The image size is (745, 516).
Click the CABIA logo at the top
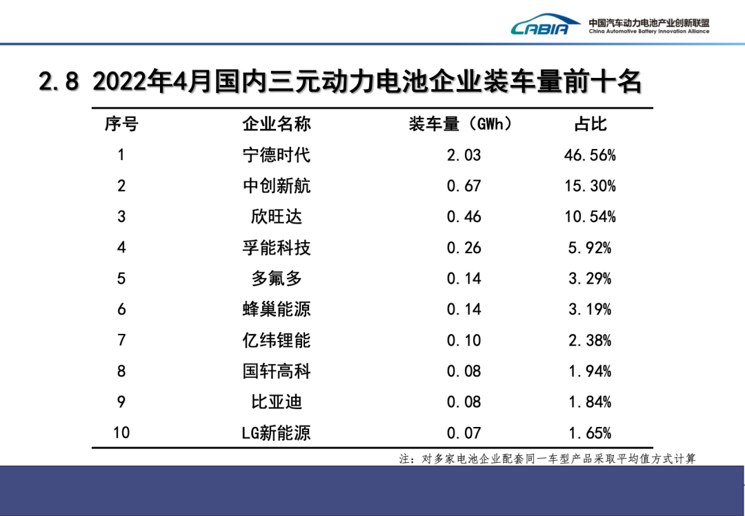(x=540, y=26)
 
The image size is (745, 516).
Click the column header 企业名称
(x=277, y=124)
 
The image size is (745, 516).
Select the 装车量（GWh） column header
(x=461, y=124)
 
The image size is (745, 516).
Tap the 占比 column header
(x=590, y=124)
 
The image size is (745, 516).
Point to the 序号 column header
(x=121, y=124)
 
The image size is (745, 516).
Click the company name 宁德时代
(x=277, y=155)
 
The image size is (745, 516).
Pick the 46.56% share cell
(x=590, y=155)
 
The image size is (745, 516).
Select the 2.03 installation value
(x=464, y=155)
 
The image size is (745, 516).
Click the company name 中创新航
(x=277, y=186)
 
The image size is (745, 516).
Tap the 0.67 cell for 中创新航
(x=464, y=186)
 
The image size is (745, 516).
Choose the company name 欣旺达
(x=277, y=217)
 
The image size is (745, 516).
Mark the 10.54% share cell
(x=590, y=217)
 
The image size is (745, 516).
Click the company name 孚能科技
(x=277, y=248)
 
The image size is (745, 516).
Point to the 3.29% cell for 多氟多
(x=590, y=279)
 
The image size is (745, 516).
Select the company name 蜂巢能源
(x=277, y=309)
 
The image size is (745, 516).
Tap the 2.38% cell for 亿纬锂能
(x=590, y=340)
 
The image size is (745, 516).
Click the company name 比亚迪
(x=277, y=401)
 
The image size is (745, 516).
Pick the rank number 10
(x=121, y=433)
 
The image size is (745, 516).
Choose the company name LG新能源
(x=277, y=433)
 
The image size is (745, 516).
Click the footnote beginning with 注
(x=547, y=459)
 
